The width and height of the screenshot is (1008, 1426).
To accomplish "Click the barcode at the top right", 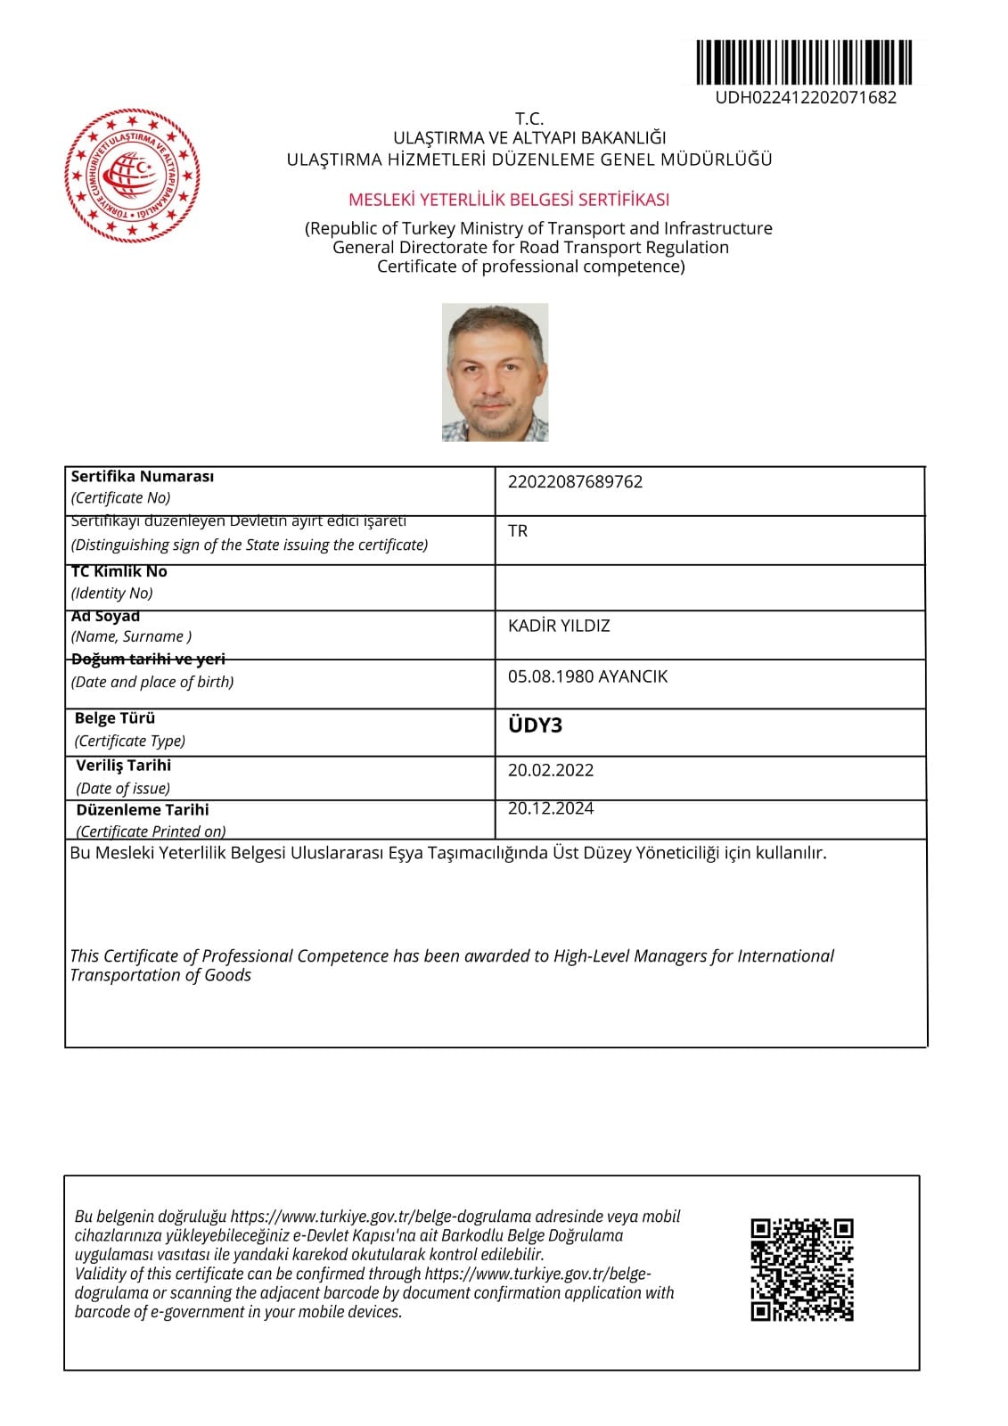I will (x=803, y=62).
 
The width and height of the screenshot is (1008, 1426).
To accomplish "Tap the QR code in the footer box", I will (x=802, y=1269).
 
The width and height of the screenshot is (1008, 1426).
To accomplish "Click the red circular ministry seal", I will (x=132, y=176).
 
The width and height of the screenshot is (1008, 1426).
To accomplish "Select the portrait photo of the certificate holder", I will (x=495, y=373).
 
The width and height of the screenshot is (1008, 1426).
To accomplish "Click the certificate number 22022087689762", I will (x=575, y=482).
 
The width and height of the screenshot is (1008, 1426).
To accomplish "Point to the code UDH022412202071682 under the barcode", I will (x=805, y=98).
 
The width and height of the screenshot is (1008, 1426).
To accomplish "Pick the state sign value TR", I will (x=518, y=531).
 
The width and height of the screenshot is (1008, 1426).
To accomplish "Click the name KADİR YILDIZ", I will (x=559, y=626).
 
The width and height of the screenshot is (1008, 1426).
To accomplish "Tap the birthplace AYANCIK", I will (x=633, y=676).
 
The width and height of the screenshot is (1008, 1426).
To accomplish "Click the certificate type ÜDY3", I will (x=535, y=725).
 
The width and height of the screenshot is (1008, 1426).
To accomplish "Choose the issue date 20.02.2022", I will (x=550, y=770).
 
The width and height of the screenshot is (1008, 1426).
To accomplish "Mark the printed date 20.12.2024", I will (x=550, y=808).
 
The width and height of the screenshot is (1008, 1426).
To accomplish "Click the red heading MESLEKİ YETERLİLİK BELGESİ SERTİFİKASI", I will (x=509, y=200).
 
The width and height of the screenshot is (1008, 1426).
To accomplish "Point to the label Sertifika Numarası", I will (x=143, y=477).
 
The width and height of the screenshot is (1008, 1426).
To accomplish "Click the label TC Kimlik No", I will (x=119, y=571).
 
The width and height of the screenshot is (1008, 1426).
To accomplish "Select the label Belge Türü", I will (x=115, y=718).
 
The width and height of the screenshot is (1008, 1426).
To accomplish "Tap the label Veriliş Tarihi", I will (x=123, y=766).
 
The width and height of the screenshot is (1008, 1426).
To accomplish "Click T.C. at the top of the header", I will (x=529, y=119).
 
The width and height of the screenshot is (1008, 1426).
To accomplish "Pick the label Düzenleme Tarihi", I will (x=143, y=810).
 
